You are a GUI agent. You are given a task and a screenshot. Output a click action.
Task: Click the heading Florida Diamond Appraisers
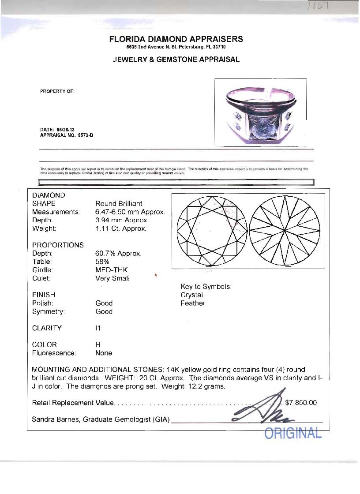(176, 39)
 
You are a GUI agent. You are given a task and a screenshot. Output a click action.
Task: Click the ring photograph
(260, 112)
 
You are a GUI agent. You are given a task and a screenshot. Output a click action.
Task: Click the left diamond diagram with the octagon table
(210, 231)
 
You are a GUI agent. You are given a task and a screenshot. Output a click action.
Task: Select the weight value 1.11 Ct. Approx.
(120, 228)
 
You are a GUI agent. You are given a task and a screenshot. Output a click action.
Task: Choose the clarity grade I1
(98, 328)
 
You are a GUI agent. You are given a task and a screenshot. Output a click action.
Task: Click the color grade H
(97, 344)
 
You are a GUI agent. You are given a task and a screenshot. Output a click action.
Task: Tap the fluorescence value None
(104, 353)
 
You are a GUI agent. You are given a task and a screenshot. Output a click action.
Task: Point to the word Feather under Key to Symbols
(193, 303)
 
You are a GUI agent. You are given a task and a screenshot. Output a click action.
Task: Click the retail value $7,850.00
(301, 403)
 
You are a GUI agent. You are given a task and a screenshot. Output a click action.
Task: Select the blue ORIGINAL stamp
(293, 433)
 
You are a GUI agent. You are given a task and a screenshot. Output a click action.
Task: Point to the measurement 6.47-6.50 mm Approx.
(130, 212)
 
